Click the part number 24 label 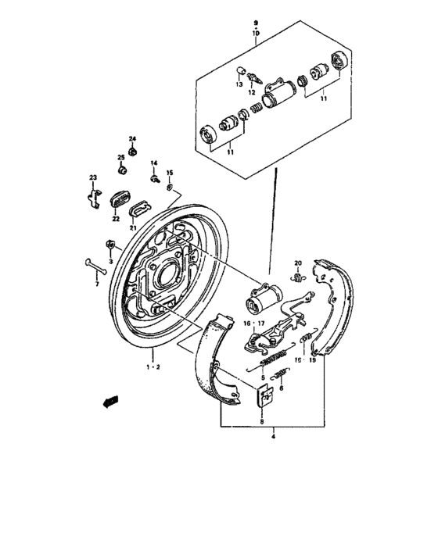click(x=132, y=138)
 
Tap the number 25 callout click(x=121, y=157)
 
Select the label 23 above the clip click(x=92, y=179)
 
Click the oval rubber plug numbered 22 click(x=120, y=200)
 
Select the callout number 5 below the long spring click(x=262, y=377)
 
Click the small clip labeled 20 click(x=297, y=275)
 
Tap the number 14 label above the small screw click(x=154, y=163)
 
